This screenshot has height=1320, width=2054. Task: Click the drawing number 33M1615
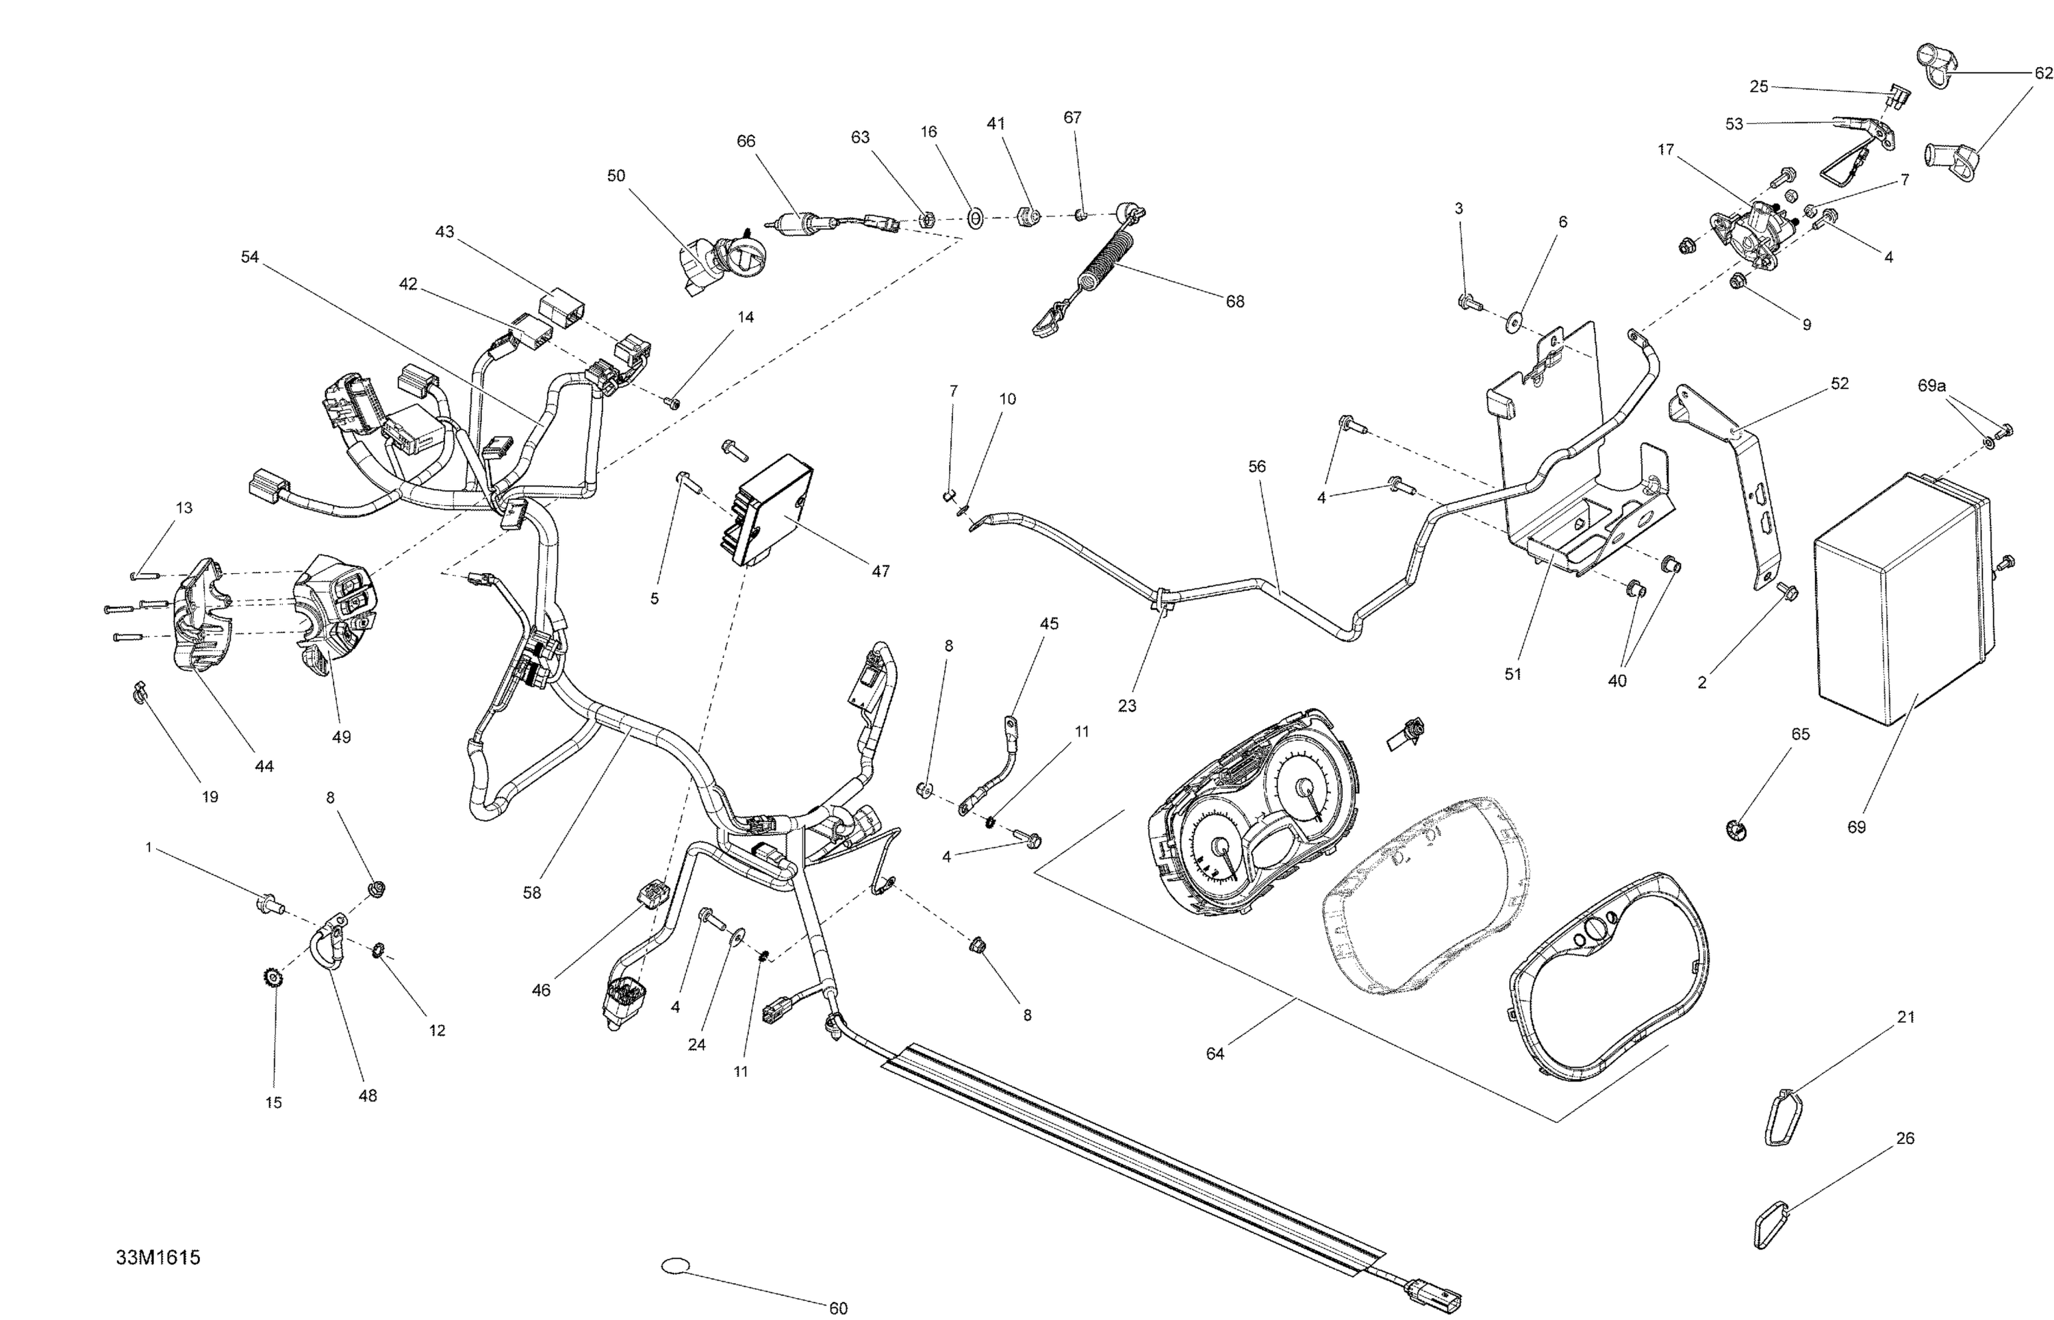pyautogui.click(x=159, y=1258)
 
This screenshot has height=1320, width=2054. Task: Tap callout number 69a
pyautogui.click(x=1931, y=387)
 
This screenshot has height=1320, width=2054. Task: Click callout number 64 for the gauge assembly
pyautogui.click(x=1215, y=1054)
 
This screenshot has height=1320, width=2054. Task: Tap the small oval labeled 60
pyautogui.click(x=675, y=1265)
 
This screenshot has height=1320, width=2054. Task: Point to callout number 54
pyautogui.click(x=249, y=257)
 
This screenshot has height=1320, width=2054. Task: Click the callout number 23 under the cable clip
pyautogui.click(x=1127, y=705)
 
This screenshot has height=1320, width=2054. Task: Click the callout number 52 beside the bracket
pyautogui.click(x=1840, y=383)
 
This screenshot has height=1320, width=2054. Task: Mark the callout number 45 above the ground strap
pyautogui.click(x=1049, y=624)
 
